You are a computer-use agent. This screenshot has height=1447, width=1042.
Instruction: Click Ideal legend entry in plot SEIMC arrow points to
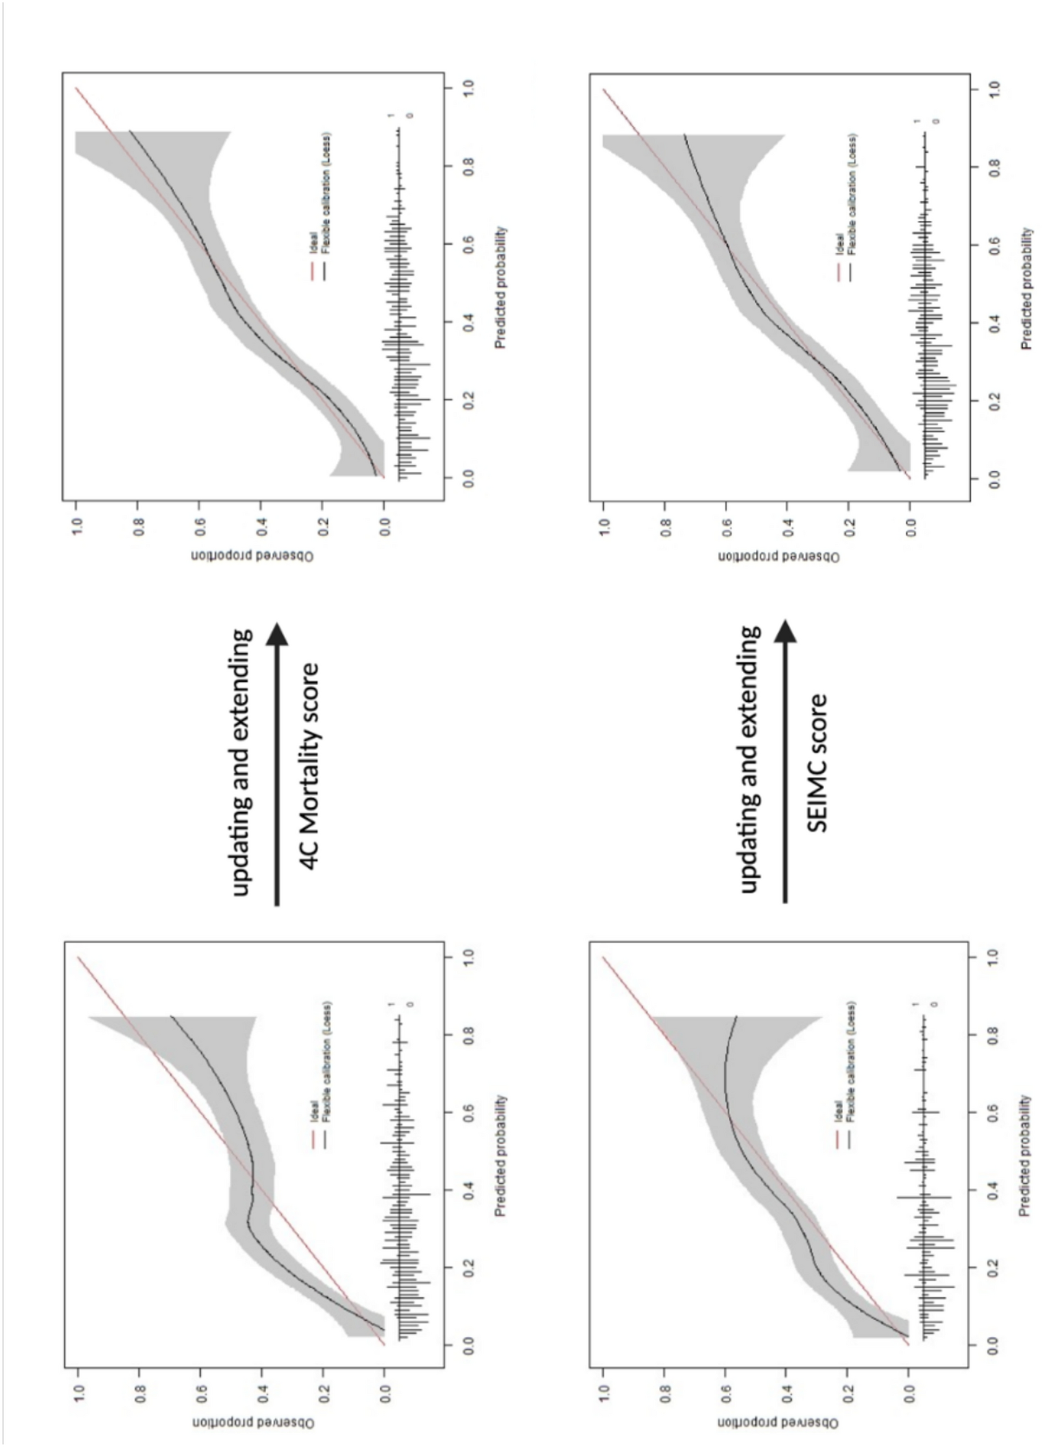[x=840, y=245]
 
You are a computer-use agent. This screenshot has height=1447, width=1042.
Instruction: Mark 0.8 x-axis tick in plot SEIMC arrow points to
[x=994, y=167]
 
